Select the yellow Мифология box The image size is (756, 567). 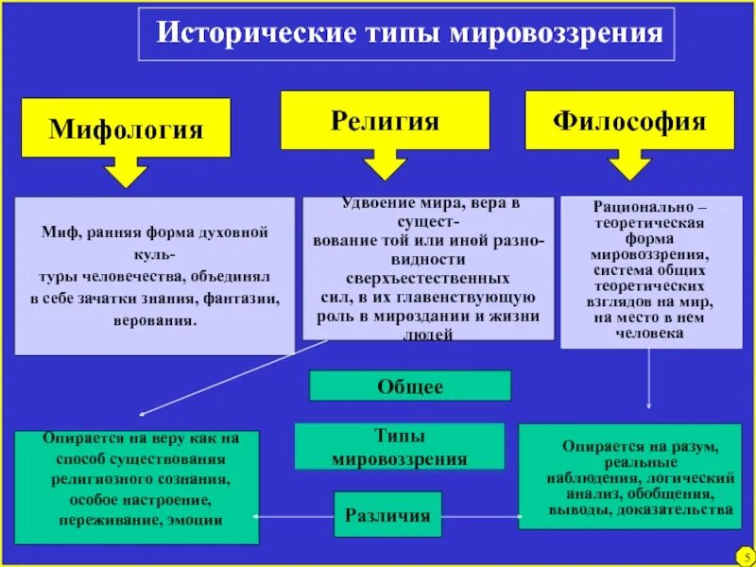(126, 128)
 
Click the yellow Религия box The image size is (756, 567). (385, 120)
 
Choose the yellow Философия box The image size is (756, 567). (629, 120)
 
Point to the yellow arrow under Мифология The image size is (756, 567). (125, 172)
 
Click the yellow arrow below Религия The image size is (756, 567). (384, 164)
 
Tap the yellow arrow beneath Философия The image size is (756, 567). (629, 164)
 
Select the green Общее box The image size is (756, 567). (410, 386)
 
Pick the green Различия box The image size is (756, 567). (387, 515)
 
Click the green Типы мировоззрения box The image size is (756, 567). (400, 447)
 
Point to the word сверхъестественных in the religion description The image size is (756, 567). (428, 279)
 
